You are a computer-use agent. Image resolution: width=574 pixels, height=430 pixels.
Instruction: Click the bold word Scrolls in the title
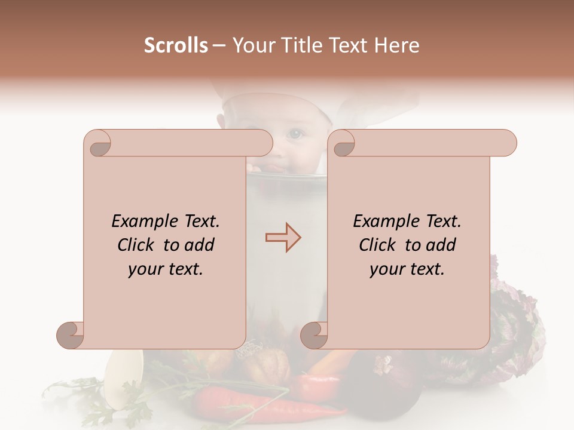pyautogui.click(x=176, y=45)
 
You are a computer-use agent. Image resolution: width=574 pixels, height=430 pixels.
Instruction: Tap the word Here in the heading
pyautogui.click(x=397, y=45)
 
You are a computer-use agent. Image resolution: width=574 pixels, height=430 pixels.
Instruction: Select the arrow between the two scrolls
pyautogui.click(x=283, y=238)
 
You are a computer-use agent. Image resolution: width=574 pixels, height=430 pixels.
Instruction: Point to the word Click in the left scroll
pyautogui.click(x=138, y=245)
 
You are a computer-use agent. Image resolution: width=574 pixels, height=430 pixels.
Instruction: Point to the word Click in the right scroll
pyautogui.click(x=380, y=245)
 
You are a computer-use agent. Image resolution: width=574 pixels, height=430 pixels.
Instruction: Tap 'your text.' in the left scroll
pyautogui.click(x=166, y=269)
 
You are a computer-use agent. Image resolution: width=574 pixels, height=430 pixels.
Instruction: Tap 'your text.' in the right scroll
pyautogui.click(x=407, y=269)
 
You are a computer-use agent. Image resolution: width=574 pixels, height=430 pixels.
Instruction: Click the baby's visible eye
pyautogui.click(x=295, y=134)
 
